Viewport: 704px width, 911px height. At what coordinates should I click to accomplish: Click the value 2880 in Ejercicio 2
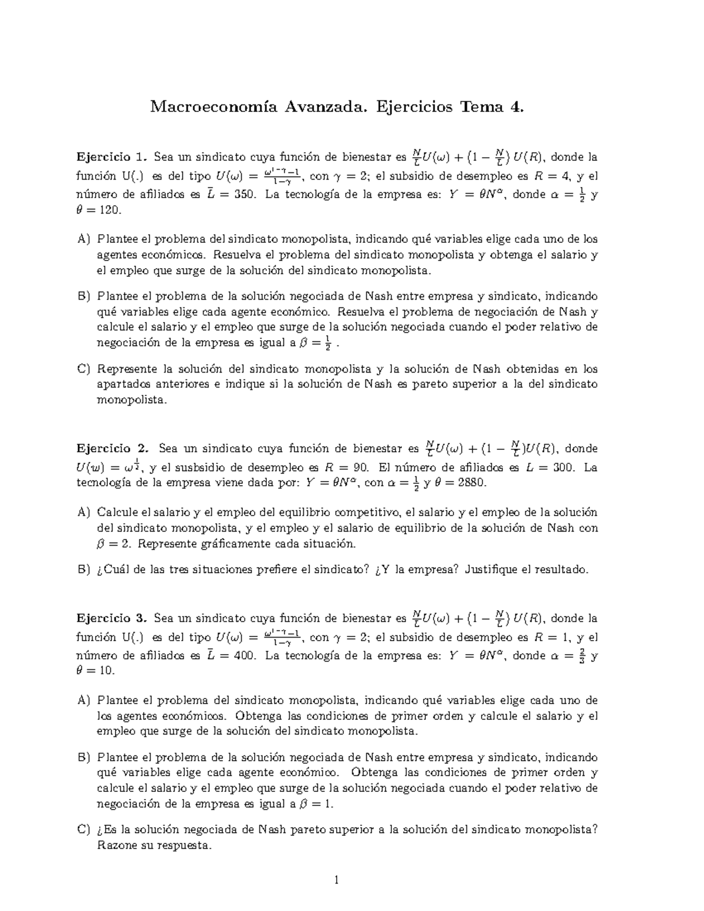coord(471,483)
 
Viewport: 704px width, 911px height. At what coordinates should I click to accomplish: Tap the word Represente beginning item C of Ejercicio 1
coord(127,369)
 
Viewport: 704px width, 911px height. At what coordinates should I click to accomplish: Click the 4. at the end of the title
coord(516,107)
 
